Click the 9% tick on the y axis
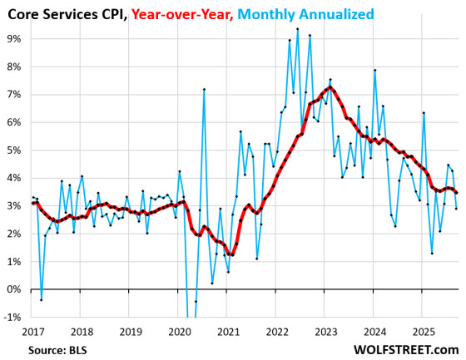pyautogui.click(x=14, y=38)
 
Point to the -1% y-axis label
pyautogui.click(x=12, y=317)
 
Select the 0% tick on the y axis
pyautogui.click(x=14, y=289)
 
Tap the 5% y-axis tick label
pyautogui.click(x=14, y=150)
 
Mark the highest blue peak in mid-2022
pyautogui.click(x=297, y=28)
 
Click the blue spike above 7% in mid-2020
pyautogui.click(x=204, y=89)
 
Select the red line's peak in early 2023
pyautogui.click(x=330, y=87)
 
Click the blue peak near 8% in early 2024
pyautogui.click(x=375, y=70)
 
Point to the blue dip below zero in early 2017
pyautogui.click(x=41, y=299)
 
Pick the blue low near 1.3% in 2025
pyautogui.click(x=432, y=253)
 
